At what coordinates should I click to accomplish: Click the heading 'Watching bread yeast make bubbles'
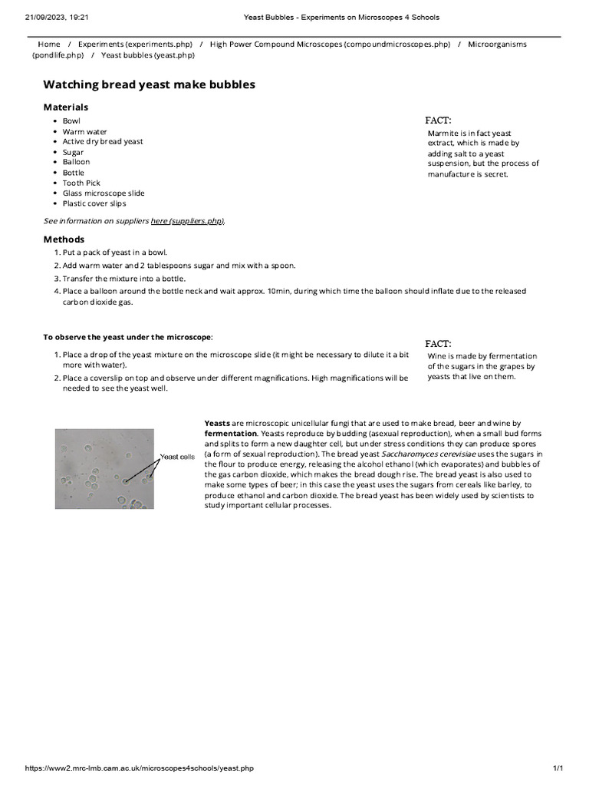tap(149, 84)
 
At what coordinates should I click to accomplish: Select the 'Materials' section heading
tap(65, 107)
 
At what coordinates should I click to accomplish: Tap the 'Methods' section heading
tap(64, 239)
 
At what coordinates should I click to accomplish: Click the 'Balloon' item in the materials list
tap(76, 162)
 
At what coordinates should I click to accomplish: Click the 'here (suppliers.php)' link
tap(187, 221)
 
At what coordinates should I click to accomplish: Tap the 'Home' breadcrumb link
tap(49, 45)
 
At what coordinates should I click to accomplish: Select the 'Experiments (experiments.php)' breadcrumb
tap(135, 45)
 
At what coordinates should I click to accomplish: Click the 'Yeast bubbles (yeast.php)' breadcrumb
tap(148, 55)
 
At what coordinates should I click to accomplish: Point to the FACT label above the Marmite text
tap(438, 120)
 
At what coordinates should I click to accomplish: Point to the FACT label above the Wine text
tap(438, 343)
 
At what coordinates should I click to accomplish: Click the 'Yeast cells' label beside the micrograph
tap(177, 457)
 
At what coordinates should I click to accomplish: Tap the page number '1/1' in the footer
tap(558, 768)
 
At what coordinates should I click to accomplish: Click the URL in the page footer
tap(139, 768)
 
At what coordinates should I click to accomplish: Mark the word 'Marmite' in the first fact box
tap(443, 133)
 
